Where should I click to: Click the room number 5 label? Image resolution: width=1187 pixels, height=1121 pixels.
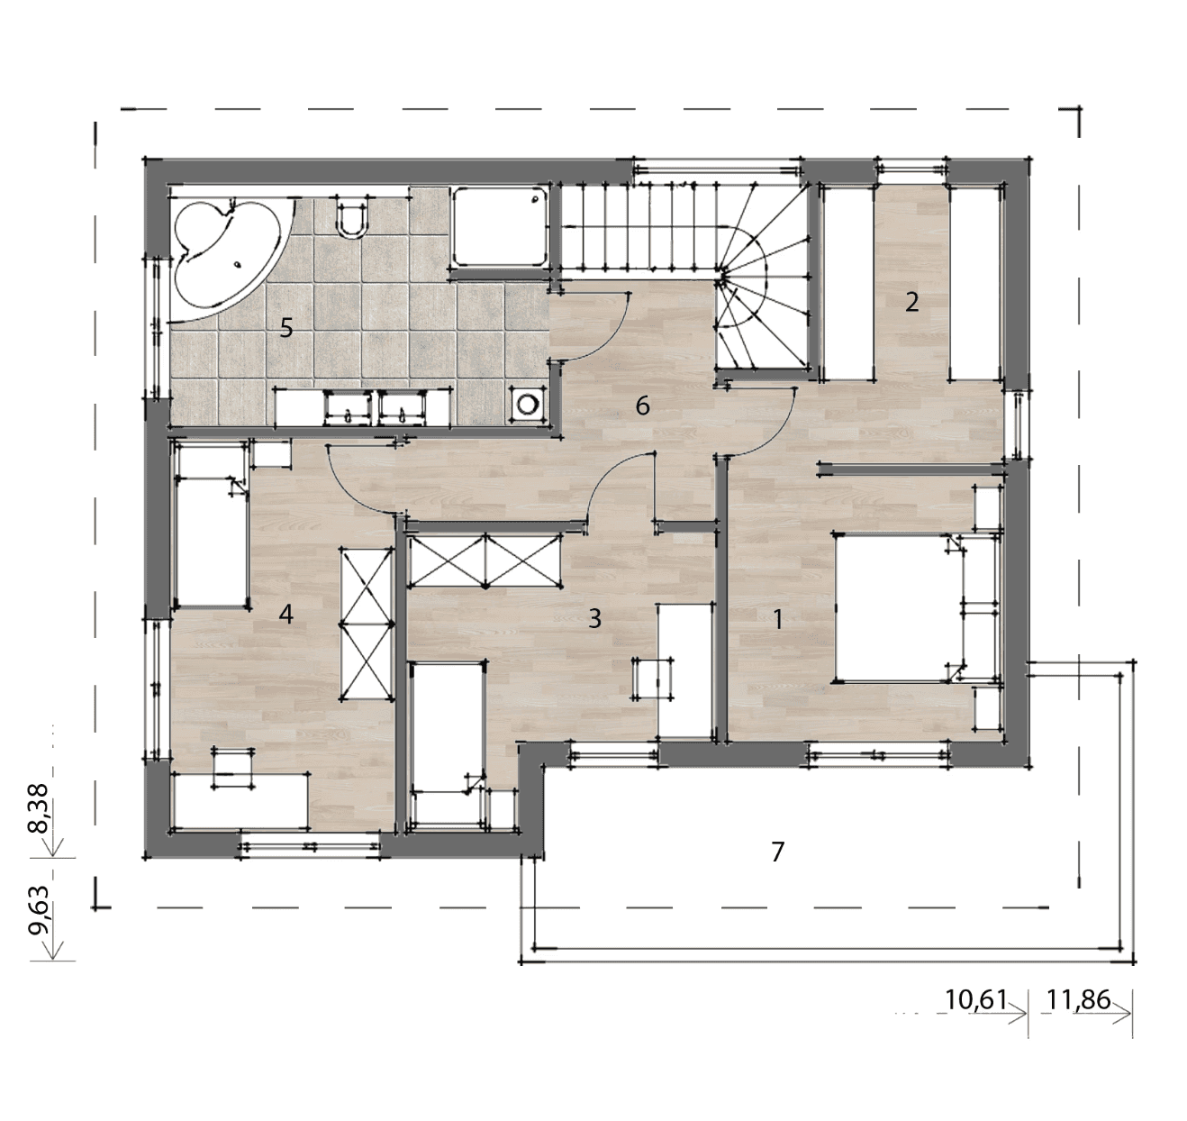286,328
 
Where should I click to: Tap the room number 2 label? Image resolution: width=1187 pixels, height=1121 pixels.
911,302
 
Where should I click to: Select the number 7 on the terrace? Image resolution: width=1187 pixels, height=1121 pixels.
777,852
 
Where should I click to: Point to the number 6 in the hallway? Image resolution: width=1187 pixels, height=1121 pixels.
642,406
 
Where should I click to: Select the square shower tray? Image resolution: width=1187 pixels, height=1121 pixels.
500,227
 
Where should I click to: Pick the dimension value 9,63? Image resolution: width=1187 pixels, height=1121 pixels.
39,910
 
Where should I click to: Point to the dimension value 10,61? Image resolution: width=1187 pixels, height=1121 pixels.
976,999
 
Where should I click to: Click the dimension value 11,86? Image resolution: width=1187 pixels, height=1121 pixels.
1079,999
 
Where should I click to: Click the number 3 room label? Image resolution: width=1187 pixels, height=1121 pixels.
594,618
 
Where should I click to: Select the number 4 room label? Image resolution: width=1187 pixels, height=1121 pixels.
286,614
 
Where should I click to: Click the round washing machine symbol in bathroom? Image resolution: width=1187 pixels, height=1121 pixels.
527,405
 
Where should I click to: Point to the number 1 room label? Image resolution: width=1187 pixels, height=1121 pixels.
777,620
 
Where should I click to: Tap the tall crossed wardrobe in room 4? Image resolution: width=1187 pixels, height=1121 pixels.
367,624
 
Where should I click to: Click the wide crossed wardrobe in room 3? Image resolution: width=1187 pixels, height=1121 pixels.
485,560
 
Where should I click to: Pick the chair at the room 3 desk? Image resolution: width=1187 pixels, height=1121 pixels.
653,678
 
